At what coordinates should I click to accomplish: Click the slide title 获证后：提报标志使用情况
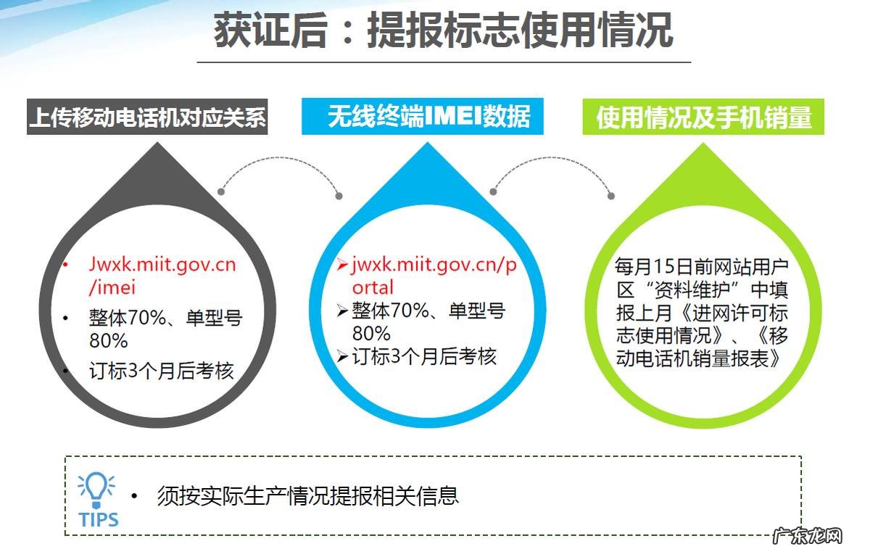443,30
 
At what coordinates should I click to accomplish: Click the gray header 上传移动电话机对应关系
147,117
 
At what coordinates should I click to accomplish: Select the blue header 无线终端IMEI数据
423,117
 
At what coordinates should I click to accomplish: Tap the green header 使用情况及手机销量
703,117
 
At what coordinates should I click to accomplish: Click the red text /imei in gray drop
112,288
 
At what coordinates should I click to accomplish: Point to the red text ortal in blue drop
373,288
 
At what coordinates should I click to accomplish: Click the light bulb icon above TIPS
96,490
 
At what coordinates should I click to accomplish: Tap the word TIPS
99,520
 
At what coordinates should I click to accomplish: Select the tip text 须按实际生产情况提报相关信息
307,496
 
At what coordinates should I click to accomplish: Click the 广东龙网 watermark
808,537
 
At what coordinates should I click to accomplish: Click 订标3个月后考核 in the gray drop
162,371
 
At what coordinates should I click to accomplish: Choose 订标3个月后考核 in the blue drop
424,356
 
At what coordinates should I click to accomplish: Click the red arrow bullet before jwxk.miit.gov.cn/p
342,265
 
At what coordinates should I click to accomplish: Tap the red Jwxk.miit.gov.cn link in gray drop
162,265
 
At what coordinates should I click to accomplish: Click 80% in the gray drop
108,341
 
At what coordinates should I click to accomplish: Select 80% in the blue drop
371,334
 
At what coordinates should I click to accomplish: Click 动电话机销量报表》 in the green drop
699,358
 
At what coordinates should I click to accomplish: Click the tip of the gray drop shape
157,142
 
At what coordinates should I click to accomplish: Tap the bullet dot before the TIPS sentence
134,496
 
